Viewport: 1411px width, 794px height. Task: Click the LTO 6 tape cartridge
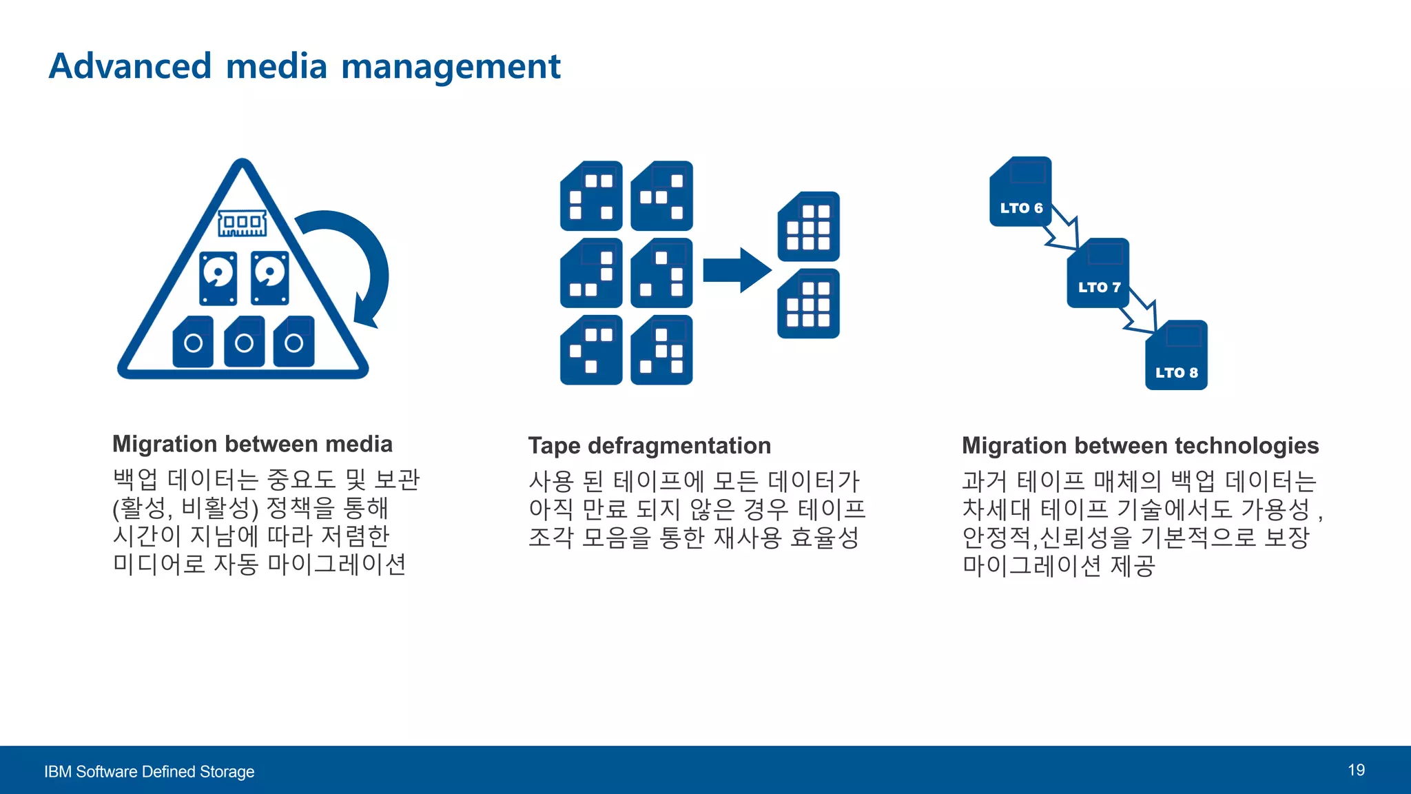coord(1020,192)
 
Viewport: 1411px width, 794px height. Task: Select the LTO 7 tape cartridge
coord(1098,273)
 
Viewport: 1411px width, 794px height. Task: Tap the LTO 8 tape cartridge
coord(1176,355)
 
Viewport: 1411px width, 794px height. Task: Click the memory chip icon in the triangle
coord(242,223)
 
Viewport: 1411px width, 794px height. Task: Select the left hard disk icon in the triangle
coord(218,278)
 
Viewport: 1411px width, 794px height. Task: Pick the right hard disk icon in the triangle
coord(269,278)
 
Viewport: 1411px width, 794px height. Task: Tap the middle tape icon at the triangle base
coord(244,341)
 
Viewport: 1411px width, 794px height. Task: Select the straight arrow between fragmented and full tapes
coord(737,270)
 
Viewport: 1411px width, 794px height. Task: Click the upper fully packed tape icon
coord(808,227)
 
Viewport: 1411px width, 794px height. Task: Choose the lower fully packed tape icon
coord(808,304)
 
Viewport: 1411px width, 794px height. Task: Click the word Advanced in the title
coord(130,66)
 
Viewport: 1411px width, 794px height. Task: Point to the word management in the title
coord(451,67)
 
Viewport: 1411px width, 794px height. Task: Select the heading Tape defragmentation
coord(649,446)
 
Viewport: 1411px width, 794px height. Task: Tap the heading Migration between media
coord(252,444)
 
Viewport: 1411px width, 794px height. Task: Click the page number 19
coord(1356,770)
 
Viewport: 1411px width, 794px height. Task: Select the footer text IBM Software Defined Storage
coord(149,771)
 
